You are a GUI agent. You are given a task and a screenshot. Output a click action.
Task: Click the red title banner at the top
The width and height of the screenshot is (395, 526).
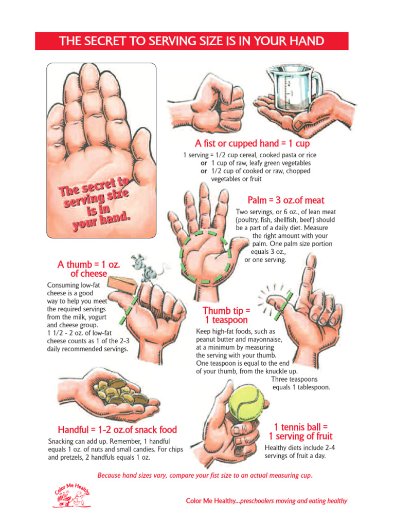point(191,41)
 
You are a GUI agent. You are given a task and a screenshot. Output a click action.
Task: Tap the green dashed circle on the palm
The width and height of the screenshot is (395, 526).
point(206,257)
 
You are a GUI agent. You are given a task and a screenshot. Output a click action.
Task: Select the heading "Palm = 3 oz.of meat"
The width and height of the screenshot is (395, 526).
point(286,200)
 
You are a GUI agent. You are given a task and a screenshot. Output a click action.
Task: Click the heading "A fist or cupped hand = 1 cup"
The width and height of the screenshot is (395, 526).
point(252,144)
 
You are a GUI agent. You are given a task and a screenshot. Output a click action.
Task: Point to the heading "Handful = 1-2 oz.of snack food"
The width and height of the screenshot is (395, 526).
point(117,430)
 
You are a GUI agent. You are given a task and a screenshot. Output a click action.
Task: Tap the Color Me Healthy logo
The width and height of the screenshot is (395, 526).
point(71,495)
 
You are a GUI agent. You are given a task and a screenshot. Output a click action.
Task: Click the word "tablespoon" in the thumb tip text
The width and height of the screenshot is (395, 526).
point(314,387)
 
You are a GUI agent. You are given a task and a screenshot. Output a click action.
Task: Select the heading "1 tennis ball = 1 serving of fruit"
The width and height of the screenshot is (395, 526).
point(300,431)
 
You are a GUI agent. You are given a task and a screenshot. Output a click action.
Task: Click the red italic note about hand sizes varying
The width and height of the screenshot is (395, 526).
point(205,475)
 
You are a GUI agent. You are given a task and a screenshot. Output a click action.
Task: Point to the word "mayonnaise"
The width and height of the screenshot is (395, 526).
point(263,339)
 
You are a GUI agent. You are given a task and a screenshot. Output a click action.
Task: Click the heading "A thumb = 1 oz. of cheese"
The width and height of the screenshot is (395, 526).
point(88,269)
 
